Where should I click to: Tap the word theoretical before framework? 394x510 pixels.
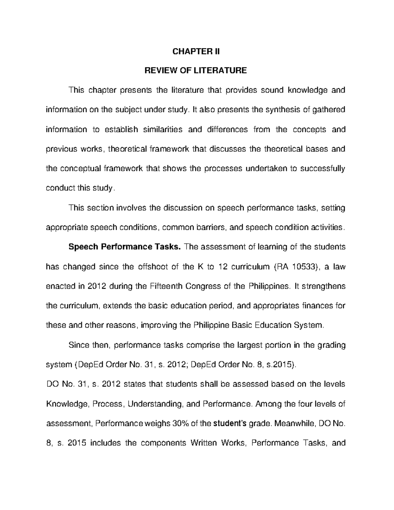pos(127,149)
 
